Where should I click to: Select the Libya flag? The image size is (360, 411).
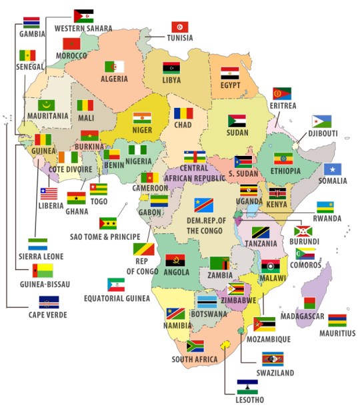171,68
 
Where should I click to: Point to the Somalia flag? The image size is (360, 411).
333,169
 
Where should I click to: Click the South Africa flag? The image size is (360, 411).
195,346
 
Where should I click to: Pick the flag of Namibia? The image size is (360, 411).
175,314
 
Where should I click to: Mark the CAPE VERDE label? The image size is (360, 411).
47,314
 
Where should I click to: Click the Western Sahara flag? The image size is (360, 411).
83,16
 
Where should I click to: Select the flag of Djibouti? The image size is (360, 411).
322,121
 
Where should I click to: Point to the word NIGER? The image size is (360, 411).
142,131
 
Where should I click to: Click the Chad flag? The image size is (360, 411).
184,113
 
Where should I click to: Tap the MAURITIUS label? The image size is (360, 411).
337,332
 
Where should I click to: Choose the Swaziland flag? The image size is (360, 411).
272,360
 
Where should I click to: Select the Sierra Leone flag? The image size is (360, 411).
38,244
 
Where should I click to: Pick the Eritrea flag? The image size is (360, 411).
282,94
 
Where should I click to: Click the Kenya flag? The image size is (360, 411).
277,193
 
